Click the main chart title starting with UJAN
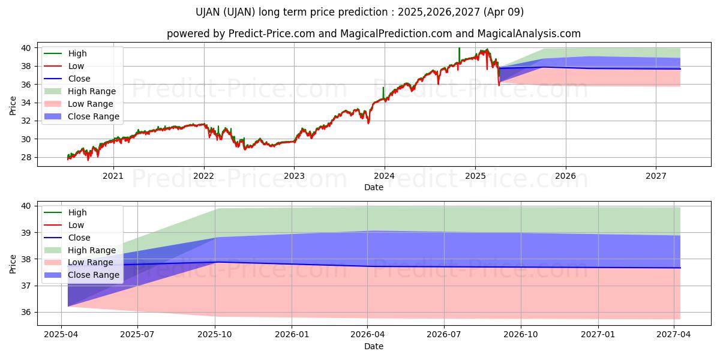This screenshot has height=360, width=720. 359,12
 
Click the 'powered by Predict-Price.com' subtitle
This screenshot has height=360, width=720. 373,34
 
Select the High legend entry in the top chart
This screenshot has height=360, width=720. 77,53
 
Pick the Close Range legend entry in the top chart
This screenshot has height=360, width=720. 93,116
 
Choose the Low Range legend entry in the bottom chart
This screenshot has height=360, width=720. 91,262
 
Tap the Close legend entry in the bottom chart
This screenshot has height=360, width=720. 79,238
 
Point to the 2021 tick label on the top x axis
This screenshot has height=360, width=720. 113,176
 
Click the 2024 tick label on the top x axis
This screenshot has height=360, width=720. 384,176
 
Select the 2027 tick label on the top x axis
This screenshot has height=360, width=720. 656,176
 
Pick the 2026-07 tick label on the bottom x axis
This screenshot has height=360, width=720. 444,334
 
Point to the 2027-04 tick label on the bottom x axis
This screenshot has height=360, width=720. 674,334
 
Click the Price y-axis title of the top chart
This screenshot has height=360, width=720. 13,105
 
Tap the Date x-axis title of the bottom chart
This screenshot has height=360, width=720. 373,346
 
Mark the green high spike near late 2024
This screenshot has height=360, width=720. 459,53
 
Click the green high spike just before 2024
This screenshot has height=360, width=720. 383,92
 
